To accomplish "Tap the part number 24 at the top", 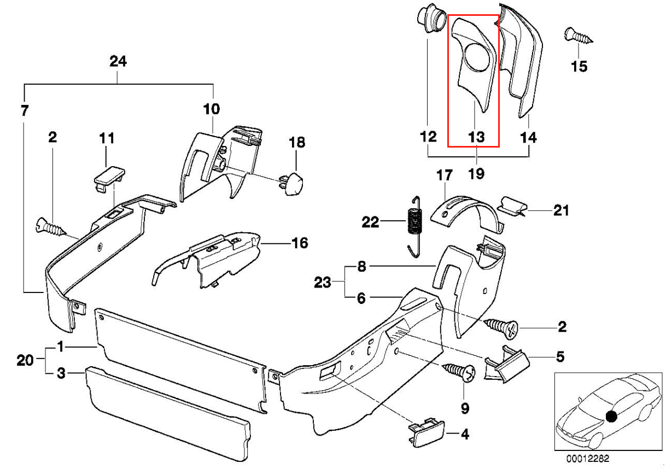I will [118, 62].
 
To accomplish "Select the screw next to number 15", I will [577, 37].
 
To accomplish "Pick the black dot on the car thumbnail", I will [612, 417].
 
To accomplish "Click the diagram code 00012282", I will [586, 458].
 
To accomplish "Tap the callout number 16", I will [300, 242].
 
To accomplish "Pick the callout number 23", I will [322, 283].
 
